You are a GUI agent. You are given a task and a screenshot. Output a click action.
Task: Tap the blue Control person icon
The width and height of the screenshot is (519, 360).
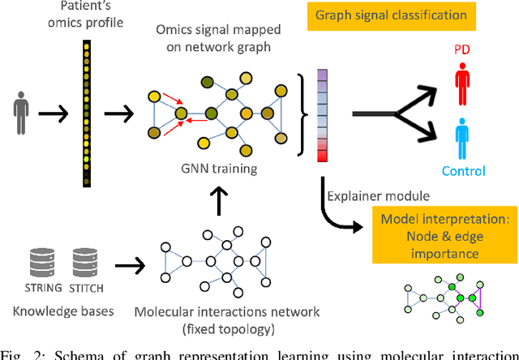tap(461, 138)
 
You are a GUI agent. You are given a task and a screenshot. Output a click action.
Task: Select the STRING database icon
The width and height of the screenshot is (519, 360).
tap(33, 264)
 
